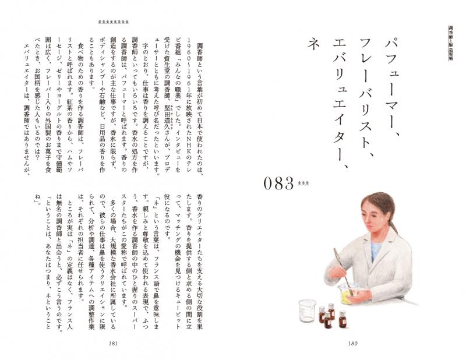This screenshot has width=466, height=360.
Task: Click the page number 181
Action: click(113, 343)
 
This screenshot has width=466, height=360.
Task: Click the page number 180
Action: click(352, 343)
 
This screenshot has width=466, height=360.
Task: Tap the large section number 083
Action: click(278, 183)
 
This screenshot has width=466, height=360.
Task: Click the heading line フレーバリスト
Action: click(366, 98)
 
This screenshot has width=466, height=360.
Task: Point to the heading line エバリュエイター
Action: click(340, 104)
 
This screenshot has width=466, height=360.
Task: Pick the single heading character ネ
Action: click(313, 44)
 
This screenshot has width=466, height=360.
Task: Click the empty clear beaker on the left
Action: click(307, 311)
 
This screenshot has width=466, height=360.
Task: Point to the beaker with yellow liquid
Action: click(348, 294)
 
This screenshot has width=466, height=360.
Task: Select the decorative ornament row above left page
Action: click(113, 22)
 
